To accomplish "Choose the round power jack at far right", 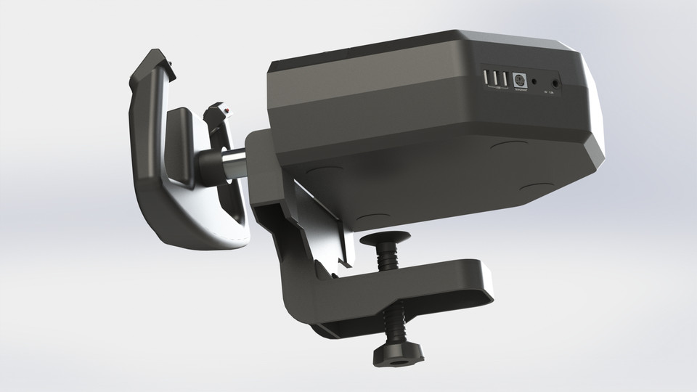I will point(556,83).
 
